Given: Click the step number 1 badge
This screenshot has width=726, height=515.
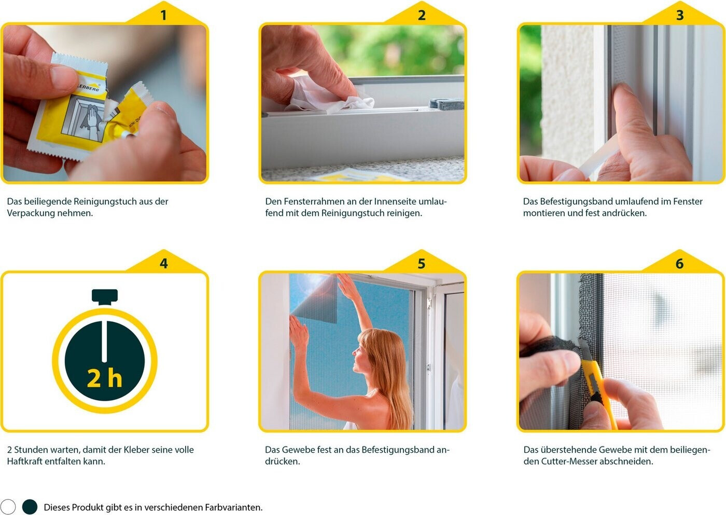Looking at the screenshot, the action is point(164,15).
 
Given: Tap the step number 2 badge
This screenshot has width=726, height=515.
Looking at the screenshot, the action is point(421,15).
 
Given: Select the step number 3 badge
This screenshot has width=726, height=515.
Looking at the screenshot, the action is point(680,15).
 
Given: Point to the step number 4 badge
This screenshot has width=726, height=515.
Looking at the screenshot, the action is point(164,263).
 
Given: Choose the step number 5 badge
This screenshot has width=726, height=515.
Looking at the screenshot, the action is point(421,263).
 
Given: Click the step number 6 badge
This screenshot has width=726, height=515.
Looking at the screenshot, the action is point(680,263).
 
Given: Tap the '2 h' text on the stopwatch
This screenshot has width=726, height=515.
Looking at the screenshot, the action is point(104,378).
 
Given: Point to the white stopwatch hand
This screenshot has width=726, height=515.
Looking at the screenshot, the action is point(104,342).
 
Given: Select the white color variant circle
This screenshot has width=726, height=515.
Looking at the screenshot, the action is point(8,507).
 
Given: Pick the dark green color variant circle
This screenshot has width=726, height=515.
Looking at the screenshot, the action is point(30,507).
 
